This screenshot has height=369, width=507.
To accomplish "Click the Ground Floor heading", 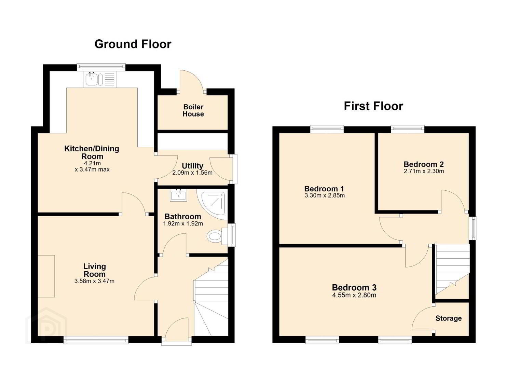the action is (133, 44).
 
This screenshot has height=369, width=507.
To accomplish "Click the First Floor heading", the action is (373, 106).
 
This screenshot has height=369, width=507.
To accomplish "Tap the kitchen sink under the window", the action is (100, 79).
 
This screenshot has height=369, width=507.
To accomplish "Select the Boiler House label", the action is (193, 110).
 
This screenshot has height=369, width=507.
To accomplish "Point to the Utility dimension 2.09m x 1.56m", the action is (192, 173).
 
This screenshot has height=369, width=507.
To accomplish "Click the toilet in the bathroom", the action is (217, 236).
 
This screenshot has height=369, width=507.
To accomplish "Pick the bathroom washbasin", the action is (178, 195).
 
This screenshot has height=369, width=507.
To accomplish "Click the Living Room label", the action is (95, 270).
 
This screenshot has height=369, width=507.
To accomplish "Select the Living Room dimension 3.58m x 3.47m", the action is (94, 281).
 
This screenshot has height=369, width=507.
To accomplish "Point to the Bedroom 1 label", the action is (324, 189).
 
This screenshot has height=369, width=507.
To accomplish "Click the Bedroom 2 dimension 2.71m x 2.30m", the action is (424, 171).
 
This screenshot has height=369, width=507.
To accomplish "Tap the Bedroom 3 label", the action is (354, 287).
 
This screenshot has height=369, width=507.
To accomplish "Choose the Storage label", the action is (449, 318).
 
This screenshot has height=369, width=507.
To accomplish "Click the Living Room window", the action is (96, 340).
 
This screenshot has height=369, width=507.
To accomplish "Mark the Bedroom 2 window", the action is (407, 129).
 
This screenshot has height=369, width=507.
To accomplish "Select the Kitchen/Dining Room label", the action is (92, 153).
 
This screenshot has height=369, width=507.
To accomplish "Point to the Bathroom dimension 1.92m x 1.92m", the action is (183, 224).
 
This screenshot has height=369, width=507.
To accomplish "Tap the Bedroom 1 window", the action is (327, 129).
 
